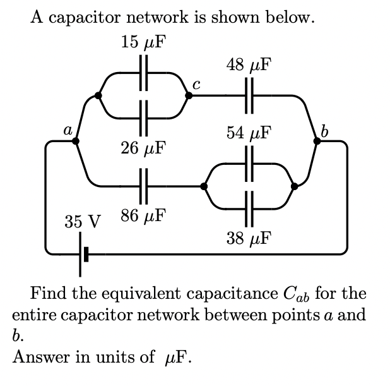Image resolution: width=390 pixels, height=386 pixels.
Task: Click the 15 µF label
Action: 143,43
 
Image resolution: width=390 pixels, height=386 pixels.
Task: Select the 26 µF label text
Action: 143,149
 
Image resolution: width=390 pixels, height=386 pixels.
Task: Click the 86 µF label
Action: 143,215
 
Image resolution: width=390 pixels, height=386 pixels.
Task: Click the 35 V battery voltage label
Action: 83,222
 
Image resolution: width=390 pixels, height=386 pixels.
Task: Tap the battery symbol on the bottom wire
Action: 83,254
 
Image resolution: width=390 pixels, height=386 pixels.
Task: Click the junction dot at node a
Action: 76,142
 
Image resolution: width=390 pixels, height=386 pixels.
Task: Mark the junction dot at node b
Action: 317,142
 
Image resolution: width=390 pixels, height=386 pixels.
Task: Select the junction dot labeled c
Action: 188,96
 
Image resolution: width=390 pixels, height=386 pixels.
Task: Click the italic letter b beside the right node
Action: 324,131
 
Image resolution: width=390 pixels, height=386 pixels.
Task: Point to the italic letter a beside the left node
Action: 66,130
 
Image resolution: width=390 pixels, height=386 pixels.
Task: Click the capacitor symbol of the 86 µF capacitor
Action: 143,186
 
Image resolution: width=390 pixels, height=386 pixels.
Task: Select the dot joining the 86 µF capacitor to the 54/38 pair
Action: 203,186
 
